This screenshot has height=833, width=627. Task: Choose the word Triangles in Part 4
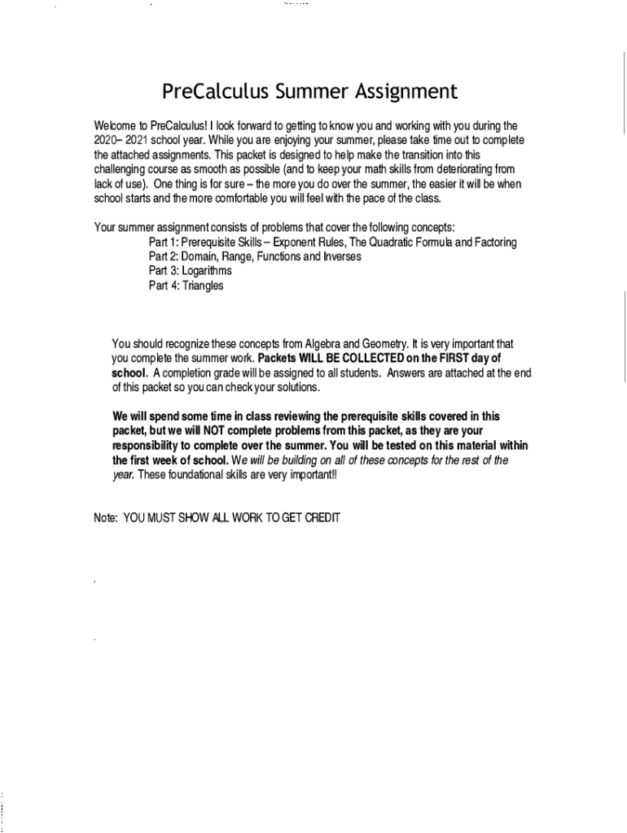[203, 286]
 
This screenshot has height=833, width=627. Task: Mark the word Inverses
[340, 256]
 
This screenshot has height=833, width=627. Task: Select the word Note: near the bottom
[107, 517]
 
